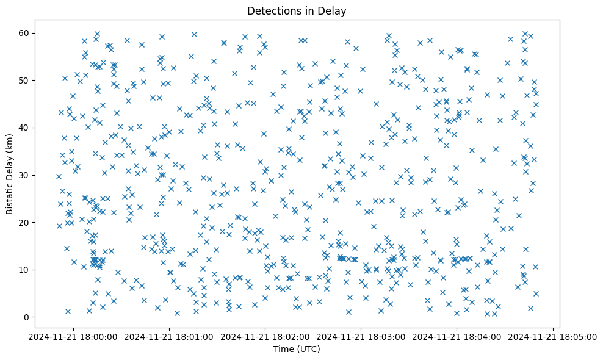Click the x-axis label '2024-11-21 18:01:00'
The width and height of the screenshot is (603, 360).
[x=170, y=336]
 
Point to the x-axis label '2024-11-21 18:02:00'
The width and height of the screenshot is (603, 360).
[x=266, y=336]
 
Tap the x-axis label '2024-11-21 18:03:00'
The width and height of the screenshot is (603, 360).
[x=362, y=336]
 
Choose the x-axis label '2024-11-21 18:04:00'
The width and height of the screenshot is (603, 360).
[x=458, y=336]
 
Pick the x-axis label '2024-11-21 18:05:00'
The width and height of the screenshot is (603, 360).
[x=554, y=336]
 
